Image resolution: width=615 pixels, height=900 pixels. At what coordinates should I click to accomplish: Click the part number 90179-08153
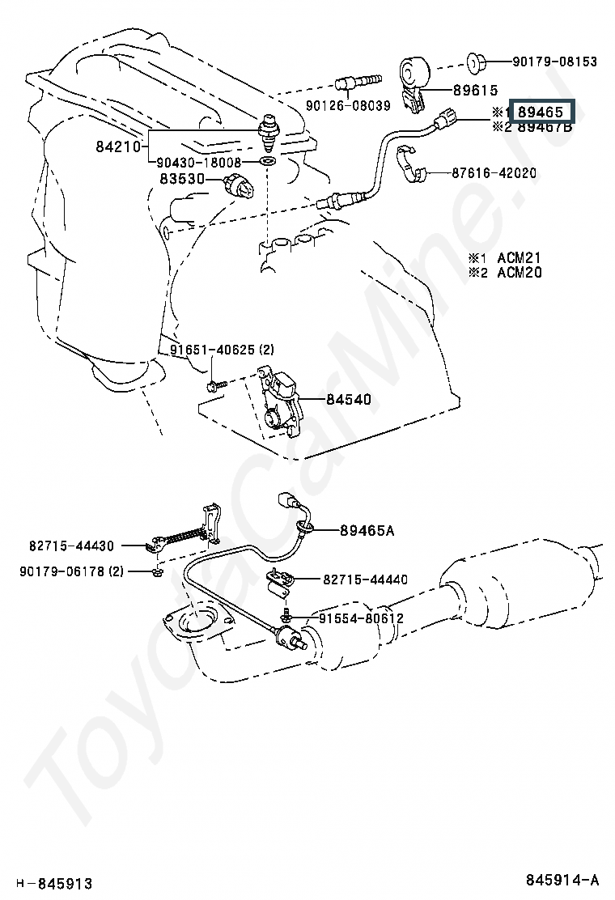[554, 62]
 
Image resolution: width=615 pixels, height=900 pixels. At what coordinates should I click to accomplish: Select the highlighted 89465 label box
[541, 112]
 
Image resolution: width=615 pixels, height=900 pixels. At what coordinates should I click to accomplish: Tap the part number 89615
[476, 90]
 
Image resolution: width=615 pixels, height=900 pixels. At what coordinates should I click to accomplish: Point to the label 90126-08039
[348, 105]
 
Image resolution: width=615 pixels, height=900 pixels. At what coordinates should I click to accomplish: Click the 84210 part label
[118, 147]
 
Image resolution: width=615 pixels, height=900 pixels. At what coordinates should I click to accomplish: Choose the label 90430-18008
[199, 163]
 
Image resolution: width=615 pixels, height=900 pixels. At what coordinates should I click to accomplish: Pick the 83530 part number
[182, 179]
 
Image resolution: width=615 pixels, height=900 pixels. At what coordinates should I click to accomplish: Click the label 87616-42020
[494, 172]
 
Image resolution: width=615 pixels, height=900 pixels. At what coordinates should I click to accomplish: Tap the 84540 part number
[349, 399]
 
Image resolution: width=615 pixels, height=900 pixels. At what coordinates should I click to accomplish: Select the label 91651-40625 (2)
[222, 350]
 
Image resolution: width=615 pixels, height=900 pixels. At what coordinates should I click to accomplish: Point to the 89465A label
[367, 530]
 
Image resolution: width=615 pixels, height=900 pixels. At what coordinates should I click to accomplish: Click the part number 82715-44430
[72, 546]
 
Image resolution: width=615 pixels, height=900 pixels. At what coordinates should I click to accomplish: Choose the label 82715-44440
[366, 579]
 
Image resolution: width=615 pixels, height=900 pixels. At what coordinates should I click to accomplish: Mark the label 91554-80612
[362, 618]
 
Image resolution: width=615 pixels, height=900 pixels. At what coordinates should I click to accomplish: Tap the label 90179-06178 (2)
[72, 571]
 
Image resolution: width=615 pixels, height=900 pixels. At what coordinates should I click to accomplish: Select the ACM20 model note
[520, 272]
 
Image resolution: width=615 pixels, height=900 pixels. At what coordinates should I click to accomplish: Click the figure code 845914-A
[562, 879]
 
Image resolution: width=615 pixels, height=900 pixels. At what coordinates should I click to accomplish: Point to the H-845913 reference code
[54, 883]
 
